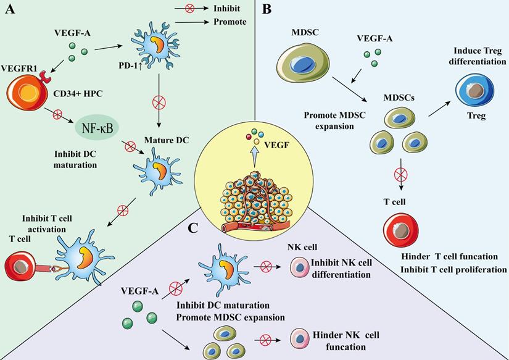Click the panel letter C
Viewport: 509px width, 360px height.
point(193,228)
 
